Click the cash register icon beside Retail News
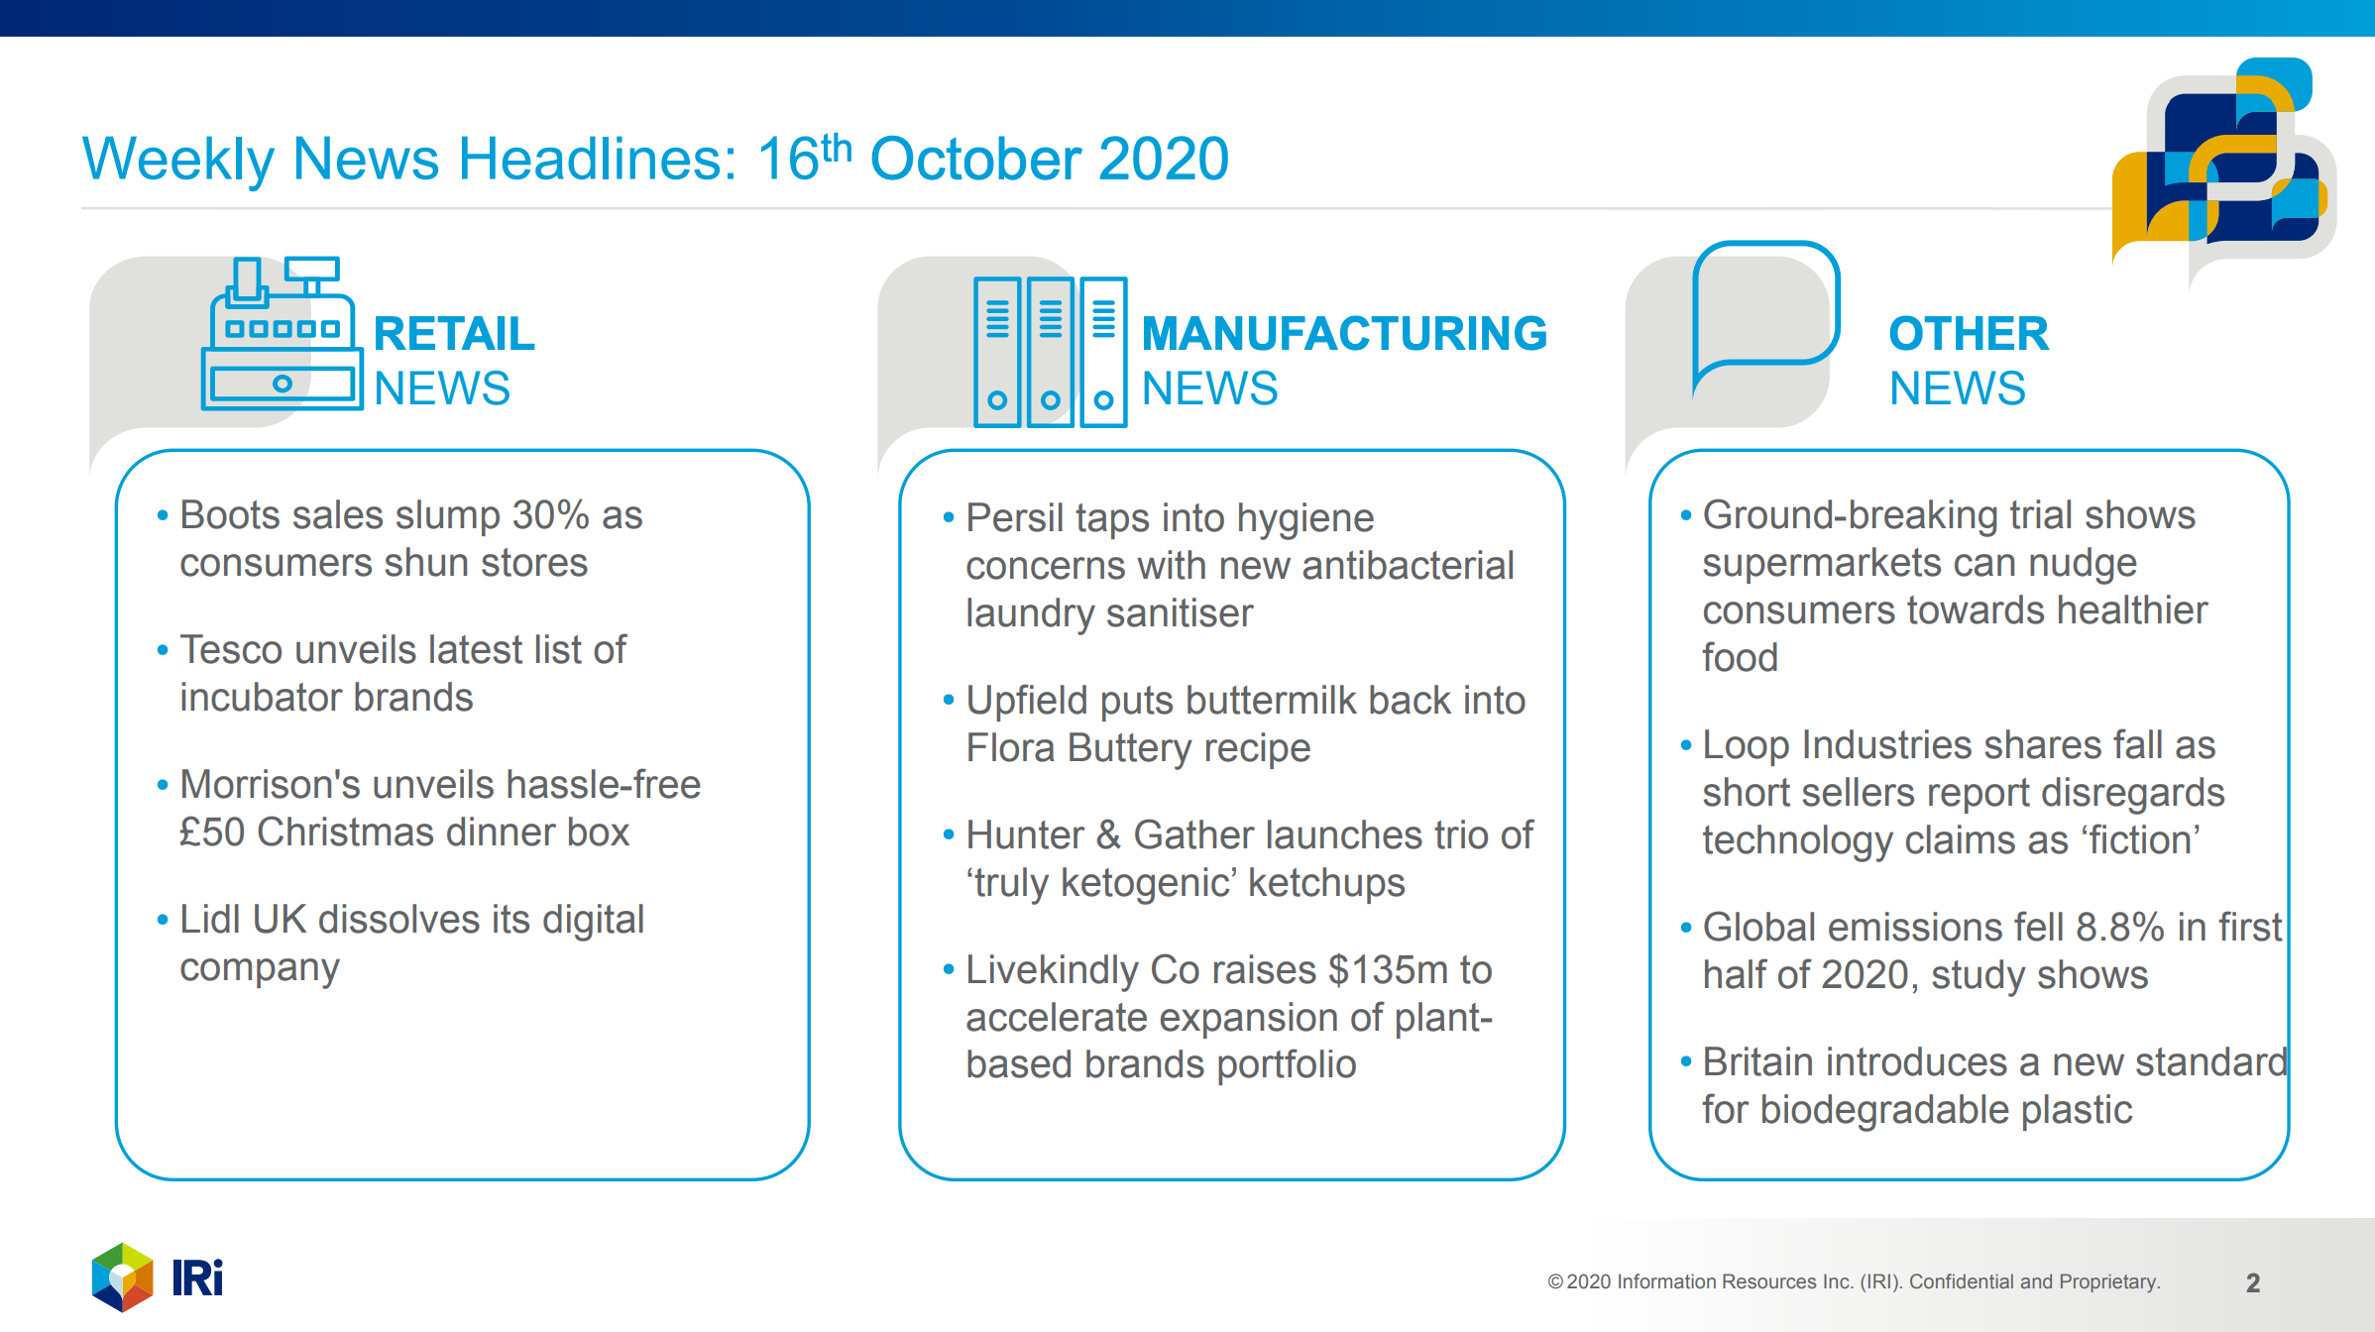283,333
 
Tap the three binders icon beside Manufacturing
1051,352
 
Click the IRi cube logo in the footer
123,1276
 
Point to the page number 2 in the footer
2253,1282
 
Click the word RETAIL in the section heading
454,334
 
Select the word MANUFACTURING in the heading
1344,334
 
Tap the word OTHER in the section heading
1969,334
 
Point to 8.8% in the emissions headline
2120,928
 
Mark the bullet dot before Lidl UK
163,921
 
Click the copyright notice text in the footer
1854,1281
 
